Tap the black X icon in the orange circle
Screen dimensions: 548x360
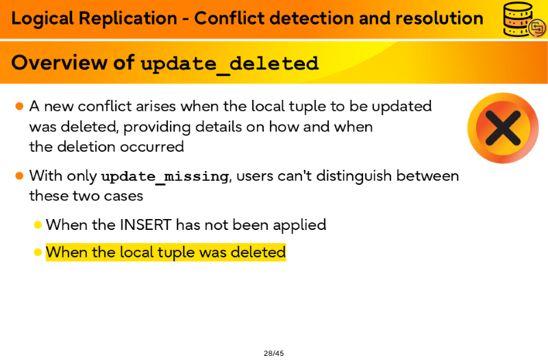coord(503,128)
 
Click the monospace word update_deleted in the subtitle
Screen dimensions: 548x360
coord(229,64)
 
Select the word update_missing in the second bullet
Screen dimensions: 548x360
coord(164,177)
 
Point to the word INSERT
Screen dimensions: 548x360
coord(145,225)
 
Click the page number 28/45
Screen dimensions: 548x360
coord(273,353)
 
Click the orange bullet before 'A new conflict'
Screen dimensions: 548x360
coord(19,106)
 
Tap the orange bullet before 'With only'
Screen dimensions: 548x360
coord(19,176)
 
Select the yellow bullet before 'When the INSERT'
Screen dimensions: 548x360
coord(38,225)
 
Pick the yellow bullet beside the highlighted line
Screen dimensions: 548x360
coord(38,252)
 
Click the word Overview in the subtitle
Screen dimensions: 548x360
coord(60,62)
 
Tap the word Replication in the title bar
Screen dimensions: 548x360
coord(128,18)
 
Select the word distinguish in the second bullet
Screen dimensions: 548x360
coord(353,177)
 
